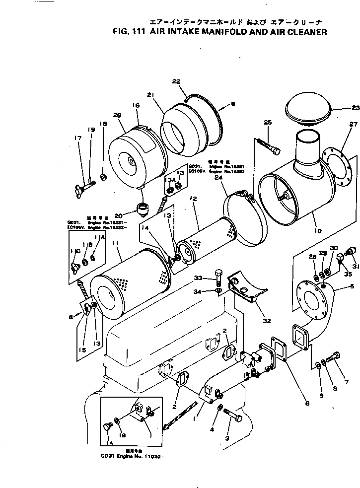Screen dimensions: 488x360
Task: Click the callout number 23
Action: click(355, 107)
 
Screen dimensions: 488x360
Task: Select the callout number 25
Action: click(269, 122)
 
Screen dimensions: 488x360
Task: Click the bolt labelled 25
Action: click(268, 145)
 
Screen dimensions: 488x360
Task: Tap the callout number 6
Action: click(307, 403)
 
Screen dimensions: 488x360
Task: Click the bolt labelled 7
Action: click(336, 357)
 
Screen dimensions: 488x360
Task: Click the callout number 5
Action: click(353, 286)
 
